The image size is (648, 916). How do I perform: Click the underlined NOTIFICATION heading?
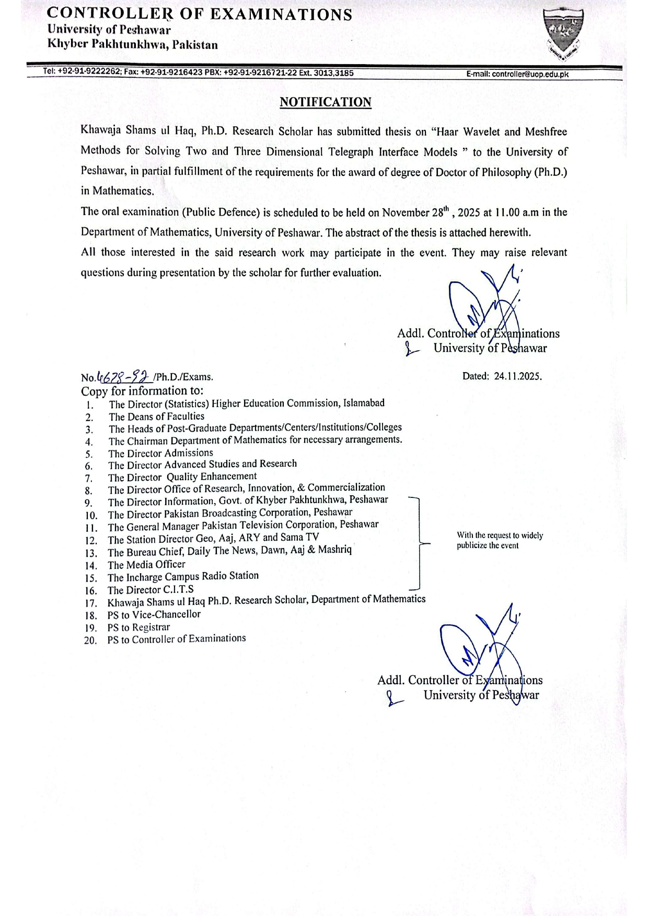(325, 102)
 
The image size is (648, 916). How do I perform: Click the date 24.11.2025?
(517, 376)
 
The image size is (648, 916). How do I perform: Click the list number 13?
(91, 553)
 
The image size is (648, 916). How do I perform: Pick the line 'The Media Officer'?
(146, 564)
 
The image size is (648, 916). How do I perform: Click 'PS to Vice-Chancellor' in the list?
(154, 614)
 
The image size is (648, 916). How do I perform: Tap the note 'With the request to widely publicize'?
(500, 540)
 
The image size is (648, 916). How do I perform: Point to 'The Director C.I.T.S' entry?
(151, 590)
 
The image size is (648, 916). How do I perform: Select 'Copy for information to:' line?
(142, 391)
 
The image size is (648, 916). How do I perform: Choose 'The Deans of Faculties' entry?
(156, 417)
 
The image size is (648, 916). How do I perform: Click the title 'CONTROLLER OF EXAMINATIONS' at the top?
(200, 15)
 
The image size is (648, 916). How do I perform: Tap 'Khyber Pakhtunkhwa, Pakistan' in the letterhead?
(133, 45)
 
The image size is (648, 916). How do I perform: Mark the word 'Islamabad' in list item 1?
(364, 403)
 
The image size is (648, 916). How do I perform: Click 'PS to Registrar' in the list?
(138, 627)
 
